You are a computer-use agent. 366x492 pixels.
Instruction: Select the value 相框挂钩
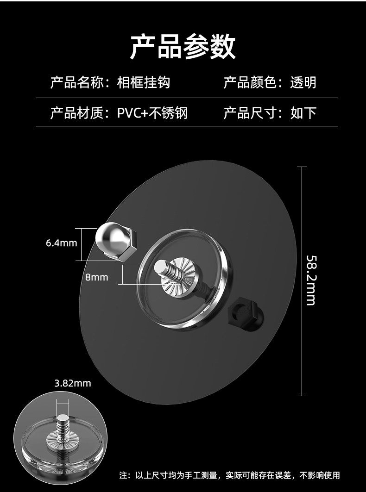point(144,82)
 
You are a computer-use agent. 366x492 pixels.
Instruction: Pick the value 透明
point(303,82)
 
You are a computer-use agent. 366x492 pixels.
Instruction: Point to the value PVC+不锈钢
point(152,112)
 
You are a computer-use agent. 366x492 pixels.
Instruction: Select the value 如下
point(303,112)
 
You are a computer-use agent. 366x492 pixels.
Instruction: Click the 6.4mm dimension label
point(61,243)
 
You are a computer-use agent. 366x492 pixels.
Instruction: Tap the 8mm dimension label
point(96,277)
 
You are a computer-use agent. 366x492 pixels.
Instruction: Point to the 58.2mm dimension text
point(311,280)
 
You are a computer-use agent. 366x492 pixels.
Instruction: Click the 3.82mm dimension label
point(73,383)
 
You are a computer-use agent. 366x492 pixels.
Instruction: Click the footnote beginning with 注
point(229,475)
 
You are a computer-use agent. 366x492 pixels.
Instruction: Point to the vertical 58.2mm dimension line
point(302,208)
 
